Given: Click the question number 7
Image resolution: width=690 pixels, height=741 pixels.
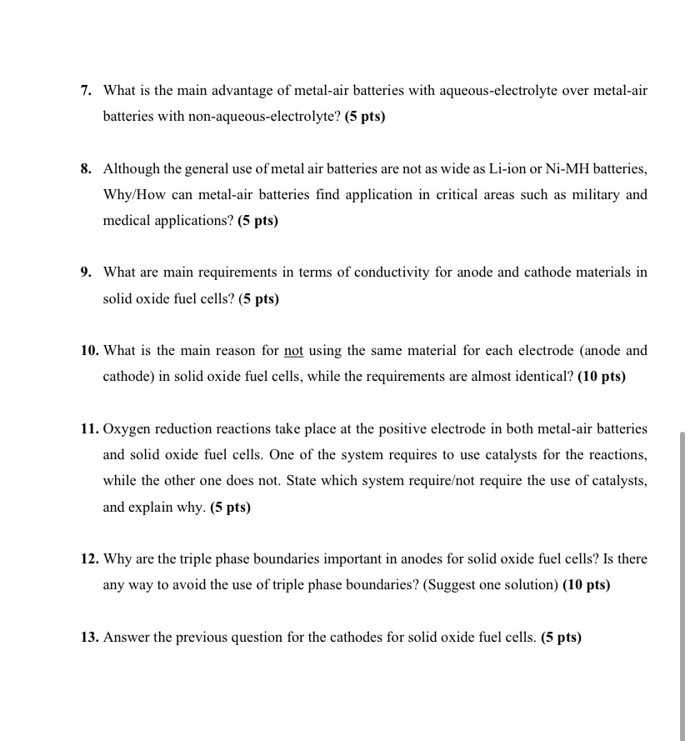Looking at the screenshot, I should tap(86, 90).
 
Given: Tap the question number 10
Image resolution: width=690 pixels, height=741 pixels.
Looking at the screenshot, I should tap(90, 351).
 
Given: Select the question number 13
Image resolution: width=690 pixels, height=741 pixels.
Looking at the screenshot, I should tap(90, 638).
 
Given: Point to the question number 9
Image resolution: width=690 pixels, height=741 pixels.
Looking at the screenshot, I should tap(86, 273).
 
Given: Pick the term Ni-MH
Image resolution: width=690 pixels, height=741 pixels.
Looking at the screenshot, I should tap(566, 168).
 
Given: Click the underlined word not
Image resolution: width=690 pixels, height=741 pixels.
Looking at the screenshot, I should tap(293, 351).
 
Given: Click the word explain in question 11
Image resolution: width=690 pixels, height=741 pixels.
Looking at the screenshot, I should tap(152, 507).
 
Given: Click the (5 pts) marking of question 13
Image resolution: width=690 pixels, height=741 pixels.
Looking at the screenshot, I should tap(561, 638).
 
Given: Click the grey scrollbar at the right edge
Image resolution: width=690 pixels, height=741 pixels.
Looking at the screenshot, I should tap(682, 583).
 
